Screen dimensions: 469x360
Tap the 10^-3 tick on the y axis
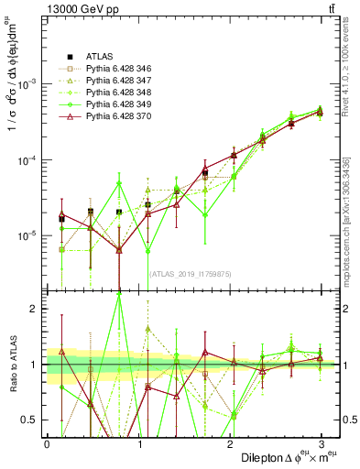click(30, 83)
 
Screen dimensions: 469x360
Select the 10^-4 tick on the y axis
click(30, 159)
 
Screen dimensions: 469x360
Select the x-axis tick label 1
click(139, 443)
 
